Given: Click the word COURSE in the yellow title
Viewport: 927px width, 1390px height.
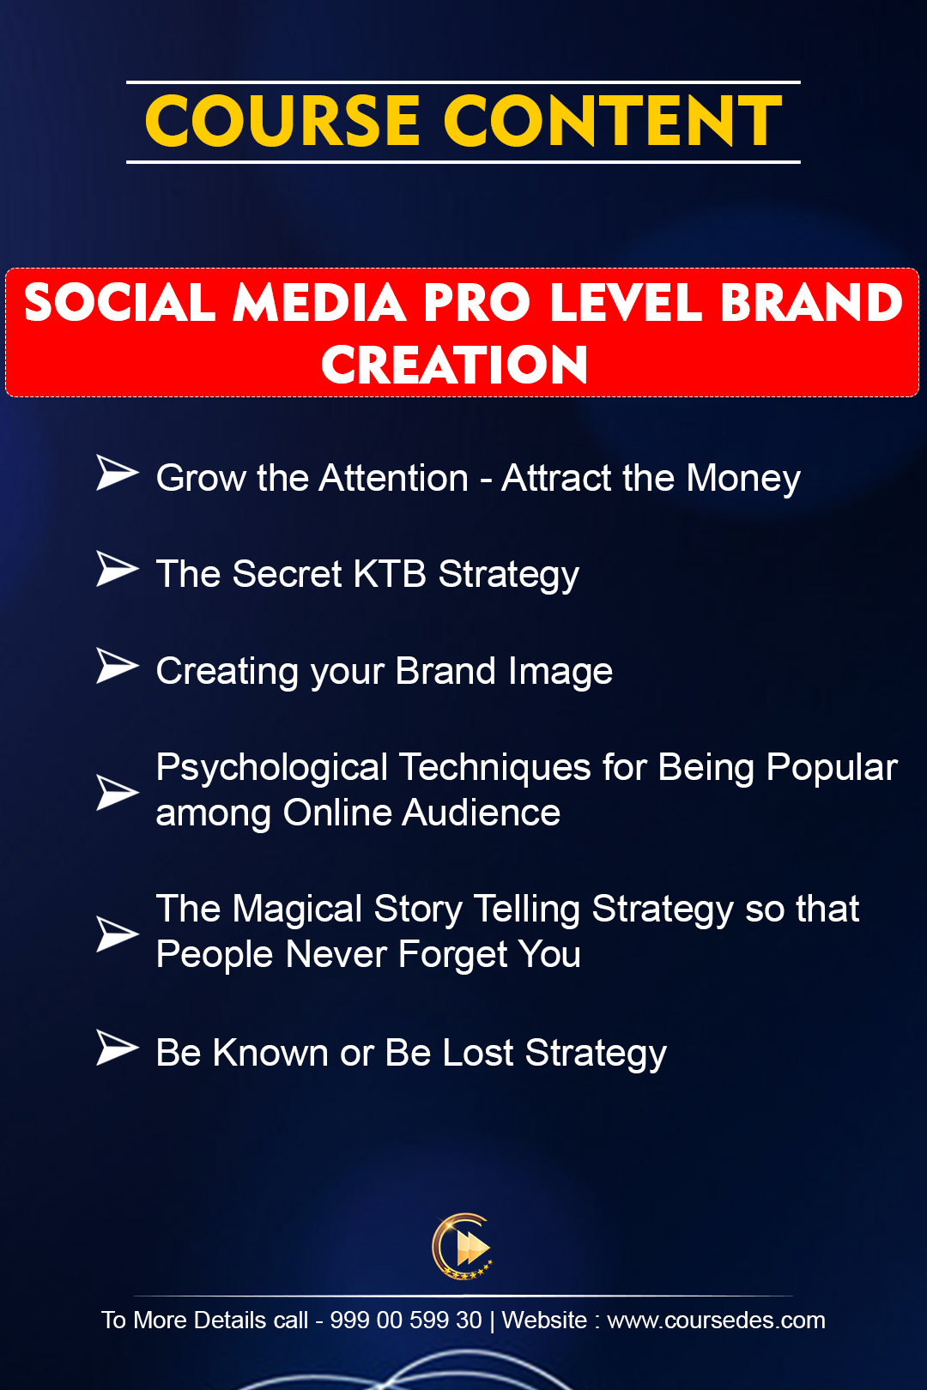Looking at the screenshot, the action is tap(282, 122).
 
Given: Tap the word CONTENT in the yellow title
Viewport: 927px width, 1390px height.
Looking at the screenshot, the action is tap(613, 122).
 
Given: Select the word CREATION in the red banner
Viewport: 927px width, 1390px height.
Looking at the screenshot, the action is tap(455, 365).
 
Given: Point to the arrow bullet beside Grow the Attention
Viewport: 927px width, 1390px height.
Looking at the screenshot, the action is tap(117, 473).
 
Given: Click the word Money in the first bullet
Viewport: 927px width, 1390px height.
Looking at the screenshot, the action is tap(743, 479).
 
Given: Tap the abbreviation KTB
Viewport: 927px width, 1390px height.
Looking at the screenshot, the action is tap(390, 573).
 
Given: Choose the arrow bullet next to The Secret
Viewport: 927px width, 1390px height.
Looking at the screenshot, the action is tap(117, 568).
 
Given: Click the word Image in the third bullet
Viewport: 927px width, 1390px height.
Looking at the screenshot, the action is tap(560, 672).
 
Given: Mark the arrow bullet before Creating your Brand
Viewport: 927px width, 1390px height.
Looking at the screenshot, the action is tap(117, 666).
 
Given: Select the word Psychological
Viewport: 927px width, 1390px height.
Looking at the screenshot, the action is tap(272, 769).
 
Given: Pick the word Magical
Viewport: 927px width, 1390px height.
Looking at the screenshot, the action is tap(297, 910).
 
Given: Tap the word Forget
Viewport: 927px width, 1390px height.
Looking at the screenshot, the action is tap(452, 954).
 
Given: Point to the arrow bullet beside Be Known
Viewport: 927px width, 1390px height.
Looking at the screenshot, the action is tap(117, 1049).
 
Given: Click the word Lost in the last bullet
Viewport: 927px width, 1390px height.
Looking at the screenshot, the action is tap(478, 1053).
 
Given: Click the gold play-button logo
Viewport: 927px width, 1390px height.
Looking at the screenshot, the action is tap(463, 1247).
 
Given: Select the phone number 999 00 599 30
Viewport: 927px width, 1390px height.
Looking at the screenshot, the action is tap(405, 1320).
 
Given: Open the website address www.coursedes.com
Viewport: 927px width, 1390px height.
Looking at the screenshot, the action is tap(716, 1320).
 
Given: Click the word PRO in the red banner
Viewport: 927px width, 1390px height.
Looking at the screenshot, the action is tap(477, 303).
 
